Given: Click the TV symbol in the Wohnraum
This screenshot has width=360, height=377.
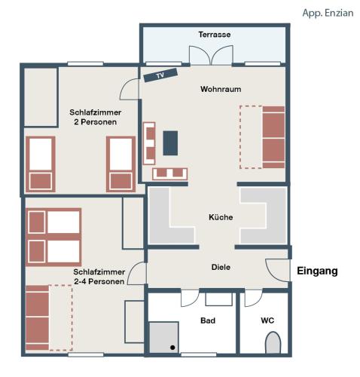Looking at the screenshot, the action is pyautogui.click(x=160, y=75).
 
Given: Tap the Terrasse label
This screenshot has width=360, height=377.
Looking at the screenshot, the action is pyautogui.click(x=215, y=35).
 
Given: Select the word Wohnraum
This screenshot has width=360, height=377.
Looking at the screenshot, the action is pyautogui.click(x=221, y=89).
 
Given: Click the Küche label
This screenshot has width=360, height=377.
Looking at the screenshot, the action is pyautogui.click(x=221, y=217).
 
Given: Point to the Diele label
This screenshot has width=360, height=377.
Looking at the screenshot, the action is pyautogui.click(x=221, y=267).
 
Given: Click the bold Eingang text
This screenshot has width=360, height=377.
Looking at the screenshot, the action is pyautogui.click(x=317, y=271).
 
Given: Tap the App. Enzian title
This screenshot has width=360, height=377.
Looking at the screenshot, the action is pyautogui.click(x=328, y=13).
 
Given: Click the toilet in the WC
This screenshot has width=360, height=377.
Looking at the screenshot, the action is pyautogui.click(x=273, y=342).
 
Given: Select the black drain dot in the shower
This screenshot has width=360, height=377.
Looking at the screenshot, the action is pyautogui.click(x=172, y=348).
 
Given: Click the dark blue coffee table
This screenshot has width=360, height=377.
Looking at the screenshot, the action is pyautogui.click(x=170, y=143).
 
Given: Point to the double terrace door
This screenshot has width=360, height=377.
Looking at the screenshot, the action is pyautogui.click(x=211, y=55).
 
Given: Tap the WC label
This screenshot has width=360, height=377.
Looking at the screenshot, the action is pyautogui.click(x=267, y=320).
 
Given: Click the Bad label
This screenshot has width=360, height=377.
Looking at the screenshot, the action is pyautogui.click(x=208, y=320).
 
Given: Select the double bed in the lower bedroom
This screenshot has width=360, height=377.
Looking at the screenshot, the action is pyautogui.click(x=53, y=237).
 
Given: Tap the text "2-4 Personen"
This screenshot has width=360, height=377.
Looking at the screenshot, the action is pyautogui.click(x=99, y=281).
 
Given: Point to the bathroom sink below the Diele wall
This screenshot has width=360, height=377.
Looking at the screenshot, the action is pyautogui.click(x=219, y=299).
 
